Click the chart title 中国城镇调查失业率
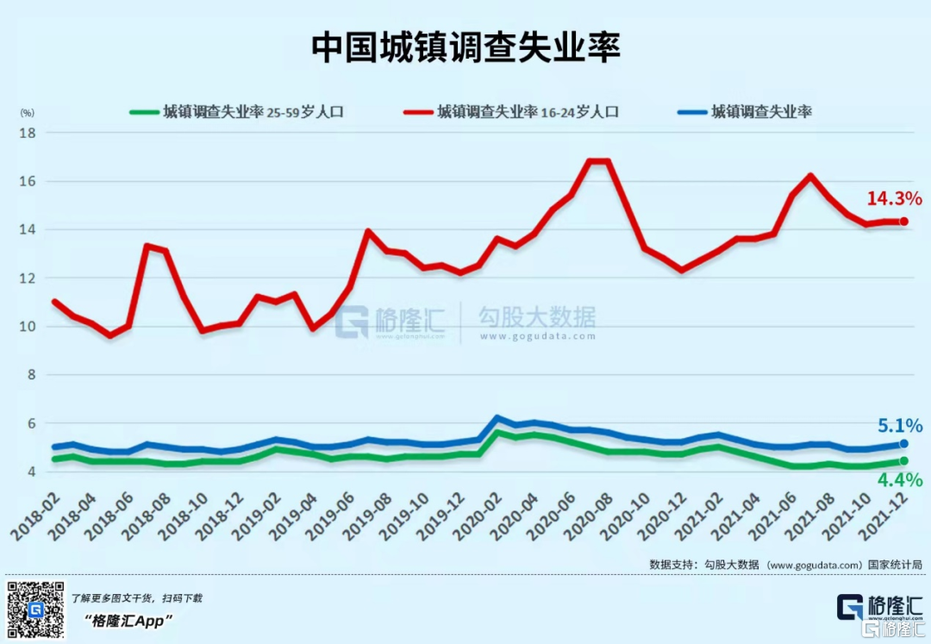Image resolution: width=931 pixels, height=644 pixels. click(x=465, y=48)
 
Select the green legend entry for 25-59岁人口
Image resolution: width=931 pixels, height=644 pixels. click(x=237, y=112)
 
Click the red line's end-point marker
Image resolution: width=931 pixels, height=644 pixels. click(x=903, y=222)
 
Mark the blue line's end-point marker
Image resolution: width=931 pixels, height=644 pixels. click(x=903, y=443)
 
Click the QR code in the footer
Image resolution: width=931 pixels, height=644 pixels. click(x=35, y=610)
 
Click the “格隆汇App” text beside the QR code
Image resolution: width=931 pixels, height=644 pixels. click(x=129, y=620)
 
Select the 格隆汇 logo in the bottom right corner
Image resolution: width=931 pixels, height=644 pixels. click(x=878, y=608)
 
